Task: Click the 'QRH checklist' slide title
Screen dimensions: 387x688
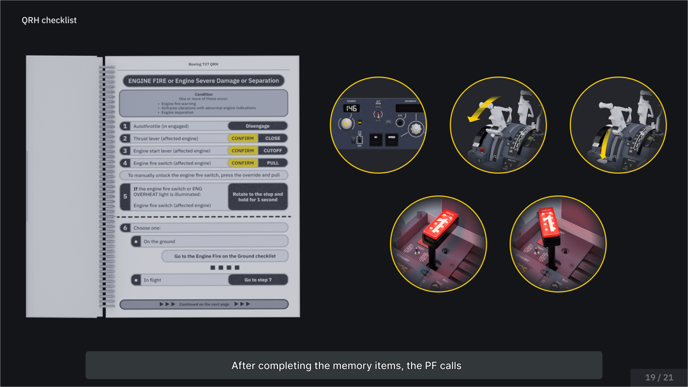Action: pyautogui.click(x=49, y=20)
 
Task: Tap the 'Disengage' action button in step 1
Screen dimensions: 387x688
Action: pyautogui.click(x=257, y=126)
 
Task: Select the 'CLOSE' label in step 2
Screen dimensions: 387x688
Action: pyautogui.click(x=273, y=138)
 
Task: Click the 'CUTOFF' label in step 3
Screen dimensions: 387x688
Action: pyautogui.click(x=273, y=151)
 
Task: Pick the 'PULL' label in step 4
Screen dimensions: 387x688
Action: pyautogui.click(x=273, y=163)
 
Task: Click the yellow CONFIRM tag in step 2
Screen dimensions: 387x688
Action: pyautogui.click(x=243, y=138)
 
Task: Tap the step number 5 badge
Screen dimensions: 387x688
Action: pyautogui.click(x=125, y=197)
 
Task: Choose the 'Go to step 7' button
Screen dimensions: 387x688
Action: pyautogui.click(x=257, y=280)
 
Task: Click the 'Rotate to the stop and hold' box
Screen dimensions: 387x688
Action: pyautogui.click(x=257, y=197)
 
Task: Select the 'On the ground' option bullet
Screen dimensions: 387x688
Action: pyautogui.click(x=136, y=241)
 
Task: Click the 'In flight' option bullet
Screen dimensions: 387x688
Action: pyautogui.click(x=136, y=280)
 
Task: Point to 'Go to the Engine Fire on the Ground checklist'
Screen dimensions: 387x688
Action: pyautogui.click(x=225, y=256)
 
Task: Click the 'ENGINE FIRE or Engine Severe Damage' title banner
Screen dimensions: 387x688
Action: pyautogui.click(x=204, y=81)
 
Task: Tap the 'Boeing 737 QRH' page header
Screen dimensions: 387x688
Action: pyautogui.click(x=204, y=64)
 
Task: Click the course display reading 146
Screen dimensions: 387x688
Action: pyautogui.click(x=351, y=108)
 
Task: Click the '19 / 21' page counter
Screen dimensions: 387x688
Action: pyautogui.click(x=659, y=377)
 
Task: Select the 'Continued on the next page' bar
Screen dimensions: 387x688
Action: pyautogui.click(x=204, y=304)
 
